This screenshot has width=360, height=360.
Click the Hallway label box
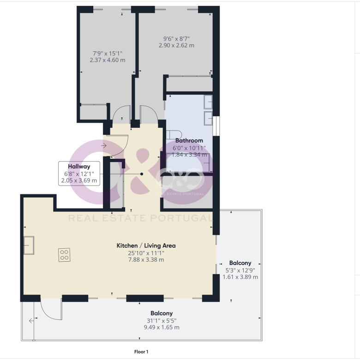pos(79,174)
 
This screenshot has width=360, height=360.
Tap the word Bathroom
pos(189,140)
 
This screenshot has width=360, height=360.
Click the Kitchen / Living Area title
pos(146,246)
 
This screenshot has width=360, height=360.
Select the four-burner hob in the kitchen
pos(64,255)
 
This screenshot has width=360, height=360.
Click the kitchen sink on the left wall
pos(29,245)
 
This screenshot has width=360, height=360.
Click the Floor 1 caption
pos(141,352)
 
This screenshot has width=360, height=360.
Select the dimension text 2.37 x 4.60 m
pos(108,60)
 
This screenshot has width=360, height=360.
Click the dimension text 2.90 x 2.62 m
pos(176,45)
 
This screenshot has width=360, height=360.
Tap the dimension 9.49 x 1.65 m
pos(162,327)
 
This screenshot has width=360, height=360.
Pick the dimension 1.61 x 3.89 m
pos(240,277)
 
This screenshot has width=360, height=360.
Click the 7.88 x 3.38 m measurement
pos(146,260)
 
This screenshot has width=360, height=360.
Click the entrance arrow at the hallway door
pos(104,145)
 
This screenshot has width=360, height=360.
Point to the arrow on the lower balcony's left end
pos(31,321)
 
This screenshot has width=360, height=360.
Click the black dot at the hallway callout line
pos(142,174)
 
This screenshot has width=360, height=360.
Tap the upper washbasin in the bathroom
pos(208,102)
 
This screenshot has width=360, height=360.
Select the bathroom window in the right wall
pos(216,126)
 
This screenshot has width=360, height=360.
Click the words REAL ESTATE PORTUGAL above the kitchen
pos(140,218)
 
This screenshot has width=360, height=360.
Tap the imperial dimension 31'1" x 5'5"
pos(162,321)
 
